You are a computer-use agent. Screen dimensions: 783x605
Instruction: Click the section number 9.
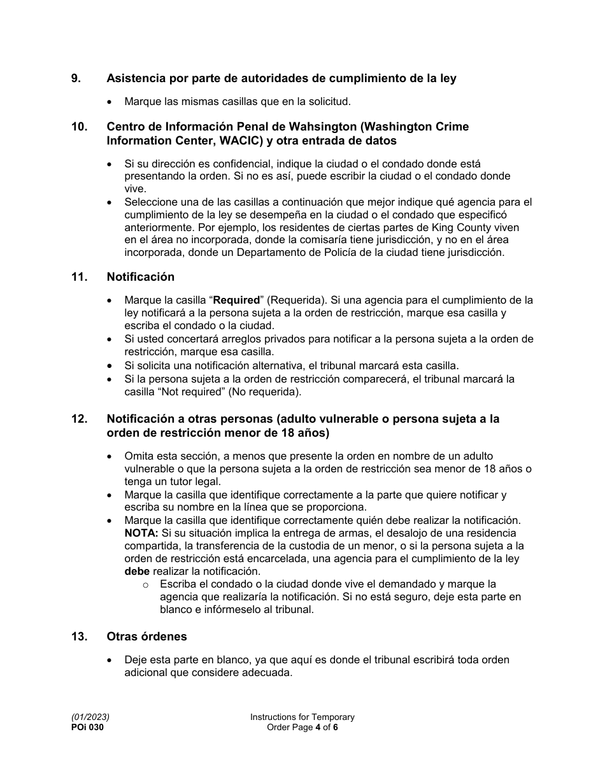coord(76,78)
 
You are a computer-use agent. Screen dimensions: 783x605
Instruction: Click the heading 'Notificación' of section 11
coord(140,277)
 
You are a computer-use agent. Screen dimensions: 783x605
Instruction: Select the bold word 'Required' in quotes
coord(236,300)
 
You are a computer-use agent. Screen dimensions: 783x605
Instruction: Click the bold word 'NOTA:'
coord(141,533)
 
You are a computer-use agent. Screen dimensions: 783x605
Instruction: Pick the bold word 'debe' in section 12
coord(137,571)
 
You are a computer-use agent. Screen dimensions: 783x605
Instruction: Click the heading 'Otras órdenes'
coord(146,637)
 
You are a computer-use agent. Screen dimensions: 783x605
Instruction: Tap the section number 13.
coord(79,637)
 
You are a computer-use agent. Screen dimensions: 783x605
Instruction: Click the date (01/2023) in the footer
coord(86,717)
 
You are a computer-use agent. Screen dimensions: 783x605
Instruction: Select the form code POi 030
coord(87,727)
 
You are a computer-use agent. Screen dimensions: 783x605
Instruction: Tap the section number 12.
coord(79,419)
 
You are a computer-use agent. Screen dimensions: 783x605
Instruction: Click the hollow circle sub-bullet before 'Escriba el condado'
coord(146,584)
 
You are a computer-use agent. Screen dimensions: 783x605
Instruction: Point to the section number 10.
coord(79,127)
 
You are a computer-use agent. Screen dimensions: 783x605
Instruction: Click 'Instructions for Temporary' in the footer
coord(302,717)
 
